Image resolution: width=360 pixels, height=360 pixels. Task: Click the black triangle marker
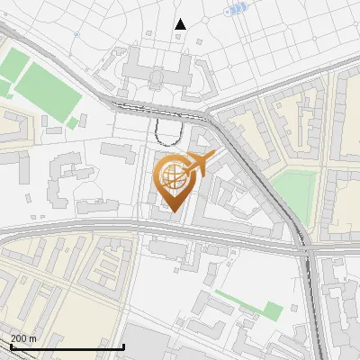click(180, 24)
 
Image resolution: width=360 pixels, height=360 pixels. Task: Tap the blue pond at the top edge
click(236, 8)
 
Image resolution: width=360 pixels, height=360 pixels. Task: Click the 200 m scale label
click(24, 338)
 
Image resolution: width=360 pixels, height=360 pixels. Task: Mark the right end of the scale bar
click(123, 346)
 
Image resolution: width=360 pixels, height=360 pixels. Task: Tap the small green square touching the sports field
click(72, 122)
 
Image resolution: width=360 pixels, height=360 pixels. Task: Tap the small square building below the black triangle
click(177, 38)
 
